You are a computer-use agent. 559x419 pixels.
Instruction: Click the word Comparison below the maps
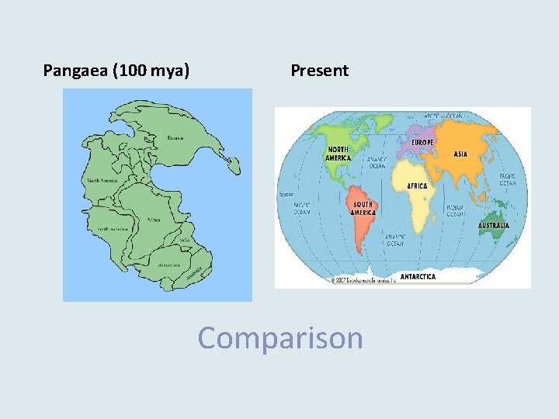pyautogui.click(x=280, y=338)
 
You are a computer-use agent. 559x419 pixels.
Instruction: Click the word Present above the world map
pyautogui.click(x=320, y=71)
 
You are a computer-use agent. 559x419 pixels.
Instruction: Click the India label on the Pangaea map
pyautogui.click(x=184, y=240)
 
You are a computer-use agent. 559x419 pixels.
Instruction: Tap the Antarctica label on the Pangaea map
pyautogui.click(x=170, y=265)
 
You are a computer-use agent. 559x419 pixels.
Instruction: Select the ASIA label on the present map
pyautogui.click(x=460, y=154)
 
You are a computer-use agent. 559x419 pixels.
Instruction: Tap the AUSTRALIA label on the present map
pyautogui.click(x=494, y=226)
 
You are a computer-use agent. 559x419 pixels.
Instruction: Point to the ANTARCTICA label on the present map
pyautogui.click(x=418, y=276)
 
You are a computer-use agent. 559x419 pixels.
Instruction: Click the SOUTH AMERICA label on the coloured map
pyautogui.click(x=363, y=209)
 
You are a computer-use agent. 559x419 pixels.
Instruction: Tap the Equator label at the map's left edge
pyautogui.click(x=286, y=195)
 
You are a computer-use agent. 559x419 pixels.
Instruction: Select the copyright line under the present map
pyautogui.click(x=365, y=280)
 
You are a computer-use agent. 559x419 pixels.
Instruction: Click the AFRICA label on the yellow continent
pyautogui.click(x=418, y=186)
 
